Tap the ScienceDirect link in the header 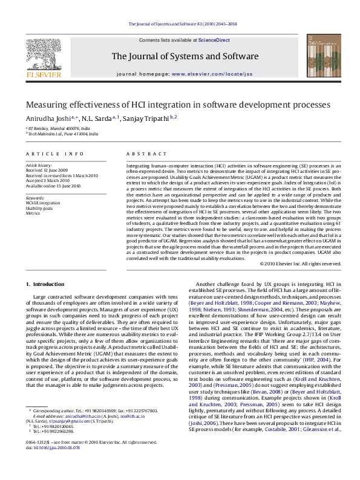tap(214, 39)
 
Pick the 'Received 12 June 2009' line tap(47, 170)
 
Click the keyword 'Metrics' tap(33, 213)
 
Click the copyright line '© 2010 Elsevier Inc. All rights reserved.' tap(301, 264)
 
